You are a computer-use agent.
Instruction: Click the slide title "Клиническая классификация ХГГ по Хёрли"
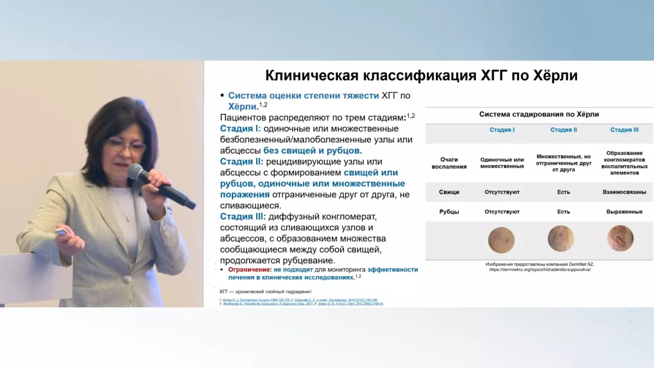pos(421,76)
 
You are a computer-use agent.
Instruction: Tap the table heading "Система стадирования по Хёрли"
pos(539,114)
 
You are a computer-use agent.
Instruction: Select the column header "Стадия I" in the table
pos(502,130)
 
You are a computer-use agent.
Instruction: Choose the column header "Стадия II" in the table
pos(563,130)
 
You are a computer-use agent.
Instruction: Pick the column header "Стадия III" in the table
pos(624,130)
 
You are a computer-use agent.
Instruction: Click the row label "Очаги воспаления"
pos(449,163)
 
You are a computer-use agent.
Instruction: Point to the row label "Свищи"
pos(449,192)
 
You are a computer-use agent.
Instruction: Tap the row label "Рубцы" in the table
pos(449,212)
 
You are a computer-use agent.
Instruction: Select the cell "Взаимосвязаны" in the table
pos(624,192)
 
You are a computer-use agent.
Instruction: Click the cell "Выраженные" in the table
pos(624,212)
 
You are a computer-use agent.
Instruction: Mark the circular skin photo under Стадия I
pos(501,240)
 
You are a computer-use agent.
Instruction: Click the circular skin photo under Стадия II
pos(561,238)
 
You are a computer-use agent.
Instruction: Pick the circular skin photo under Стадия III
pos(620,238)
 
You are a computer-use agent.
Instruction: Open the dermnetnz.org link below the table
pos(540,269)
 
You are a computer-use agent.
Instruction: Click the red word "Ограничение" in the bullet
pos(249,269)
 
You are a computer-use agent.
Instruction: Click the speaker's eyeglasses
pos(126,146)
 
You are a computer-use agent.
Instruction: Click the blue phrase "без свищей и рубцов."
pos(312,150)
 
